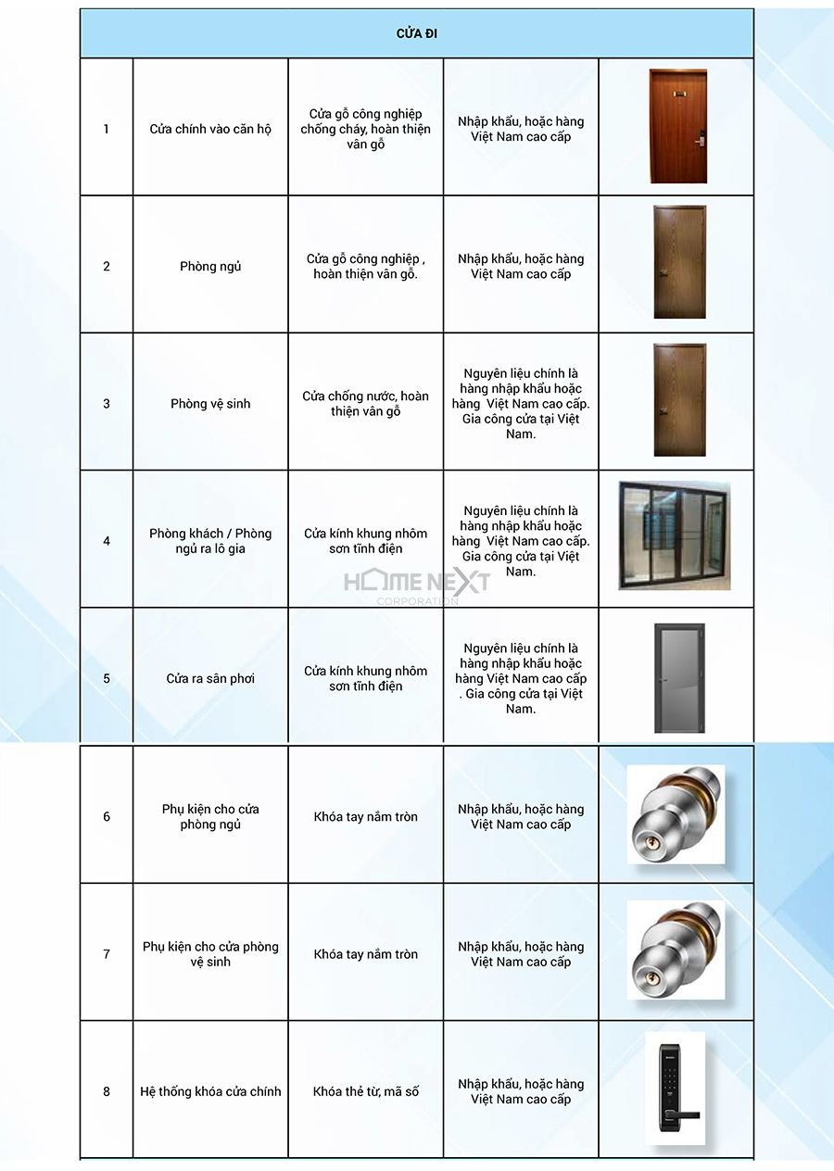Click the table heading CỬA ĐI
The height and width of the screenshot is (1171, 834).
tap(417, 34)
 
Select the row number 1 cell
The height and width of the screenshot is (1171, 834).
tap(107, 129)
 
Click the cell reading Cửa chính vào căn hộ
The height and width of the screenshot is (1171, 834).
tap(210, 129)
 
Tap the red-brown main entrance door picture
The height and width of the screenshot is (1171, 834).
tap(677, 126)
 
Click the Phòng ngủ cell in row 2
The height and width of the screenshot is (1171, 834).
tap(210, 267)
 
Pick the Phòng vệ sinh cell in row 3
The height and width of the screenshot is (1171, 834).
tap(210, 404)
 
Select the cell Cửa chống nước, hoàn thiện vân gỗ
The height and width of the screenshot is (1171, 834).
tap(365, 404)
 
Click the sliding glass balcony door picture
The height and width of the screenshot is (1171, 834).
tap(675, 535)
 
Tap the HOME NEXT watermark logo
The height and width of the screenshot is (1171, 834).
tap(417, 585)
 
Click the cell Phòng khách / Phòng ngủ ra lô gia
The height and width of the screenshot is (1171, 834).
tap(210, 541)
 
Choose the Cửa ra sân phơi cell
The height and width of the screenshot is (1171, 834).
tap(210, 679)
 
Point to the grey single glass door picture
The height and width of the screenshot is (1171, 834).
tap(679, 677)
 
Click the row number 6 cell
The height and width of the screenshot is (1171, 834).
tap(107, 817)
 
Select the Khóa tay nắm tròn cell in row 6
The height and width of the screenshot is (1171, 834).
tap(365, 817)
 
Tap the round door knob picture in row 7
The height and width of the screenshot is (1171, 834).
tap(676, 951)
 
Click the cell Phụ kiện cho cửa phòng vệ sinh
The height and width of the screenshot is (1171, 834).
tap(210, 954)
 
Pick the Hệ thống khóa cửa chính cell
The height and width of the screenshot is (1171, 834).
tap(210, 1091)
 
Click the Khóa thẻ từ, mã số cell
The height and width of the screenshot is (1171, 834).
tap(365, 1091)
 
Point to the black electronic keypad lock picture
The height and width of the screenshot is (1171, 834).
tap(675, 1089)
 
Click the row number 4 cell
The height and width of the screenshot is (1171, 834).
tap(107, 541)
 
